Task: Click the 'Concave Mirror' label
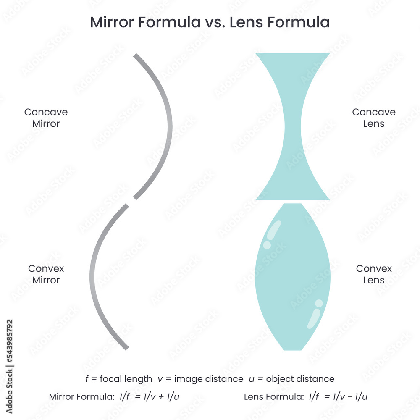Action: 46,118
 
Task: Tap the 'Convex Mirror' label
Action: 46,274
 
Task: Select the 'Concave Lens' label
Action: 373,118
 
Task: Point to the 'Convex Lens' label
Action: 373,274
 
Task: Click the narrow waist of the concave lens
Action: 292,126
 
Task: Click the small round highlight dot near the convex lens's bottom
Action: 319,303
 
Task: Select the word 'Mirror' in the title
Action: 112,23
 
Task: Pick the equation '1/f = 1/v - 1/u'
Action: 339,396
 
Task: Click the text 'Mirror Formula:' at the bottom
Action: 80,396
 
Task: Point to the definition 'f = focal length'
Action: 118,379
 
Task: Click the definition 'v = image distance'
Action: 200,379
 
